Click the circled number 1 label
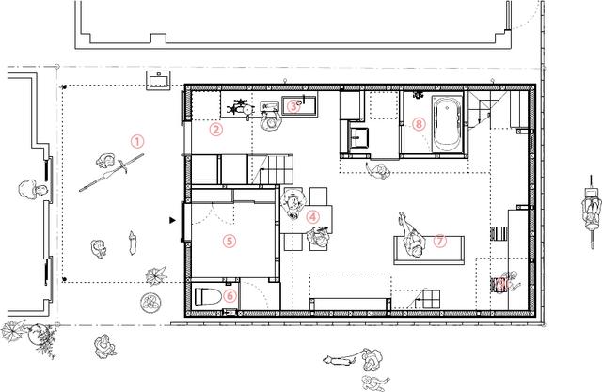point(137,142)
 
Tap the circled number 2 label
point(216,130)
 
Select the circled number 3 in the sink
point(293,106)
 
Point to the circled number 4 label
point(313,217)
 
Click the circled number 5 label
point(230,241)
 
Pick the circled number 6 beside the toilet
point(230,296)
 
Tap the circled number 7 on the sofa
point(440,241)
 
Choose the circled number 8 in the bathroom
point(419,124)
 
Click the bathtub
point(448,124)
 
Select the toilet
point(208,296)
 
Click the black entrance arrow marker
point(172,220)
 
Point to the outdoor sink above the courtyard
point(158,81)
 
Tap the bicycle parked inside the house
point(241,108)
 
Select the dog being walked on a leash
point(337,361)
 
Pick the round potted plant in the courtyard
point(150,303)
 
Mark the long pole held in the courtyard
point(112,173)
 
